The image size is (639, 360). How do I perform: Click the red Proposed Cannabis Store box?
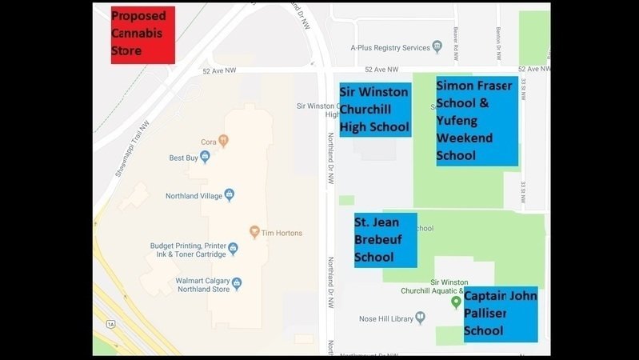click(x=142, y=35)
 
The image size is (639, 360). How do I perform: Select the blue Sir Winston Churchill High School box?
click(x=375, y=110)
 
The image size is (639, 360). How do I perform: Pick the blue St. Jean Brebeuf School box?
click(x=385, y=240)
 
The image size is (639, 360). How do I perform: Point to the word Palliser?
click(x=485, y=313)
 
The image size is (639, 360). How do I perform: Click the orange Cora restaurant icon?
click(x=224, y=142)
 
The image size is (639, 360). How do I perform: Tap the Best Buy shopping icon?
click(x=205, y=158)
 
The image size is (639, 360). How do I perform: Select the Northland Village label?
click(x=194, y=195)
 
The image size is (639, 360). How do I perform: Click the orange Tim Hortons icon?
click(x=254, y=233)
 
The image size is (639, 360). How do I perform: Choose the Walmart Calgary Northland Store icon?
click(x=237, y=283)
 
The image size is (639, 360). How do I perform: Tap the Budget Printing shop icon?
click(x=233, y=249)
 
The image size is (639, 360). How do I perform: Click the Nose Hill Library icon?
click(x=420, y=318)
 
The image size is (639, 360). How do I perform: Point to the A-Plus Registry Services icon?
click(x=437, y=47)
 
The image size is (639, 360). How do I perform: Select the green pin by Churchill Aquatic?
click(x=456, y=302)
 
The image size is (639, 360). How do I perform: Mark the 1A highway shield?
click(x=111, y=324)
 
